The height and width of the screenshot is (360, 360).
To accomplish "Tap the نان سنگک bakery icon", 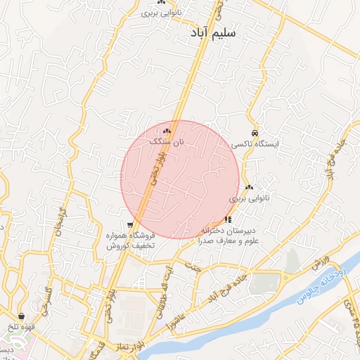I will [167, 131].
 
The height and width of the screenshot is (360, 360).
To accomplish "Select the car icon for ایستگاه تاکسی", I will [255, 134].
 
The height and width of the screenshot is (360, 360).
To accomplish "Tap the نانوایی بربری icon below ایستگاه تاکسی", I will [250, 188].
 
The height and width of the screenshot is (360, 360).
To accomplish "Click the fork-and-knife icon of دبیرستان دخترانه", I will [227, 220].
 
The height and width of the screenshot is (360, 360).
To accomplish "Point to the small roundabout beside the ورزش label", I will [285, 277].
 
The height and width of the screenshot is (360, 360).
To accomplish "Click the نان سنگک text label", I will [167, 142].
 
